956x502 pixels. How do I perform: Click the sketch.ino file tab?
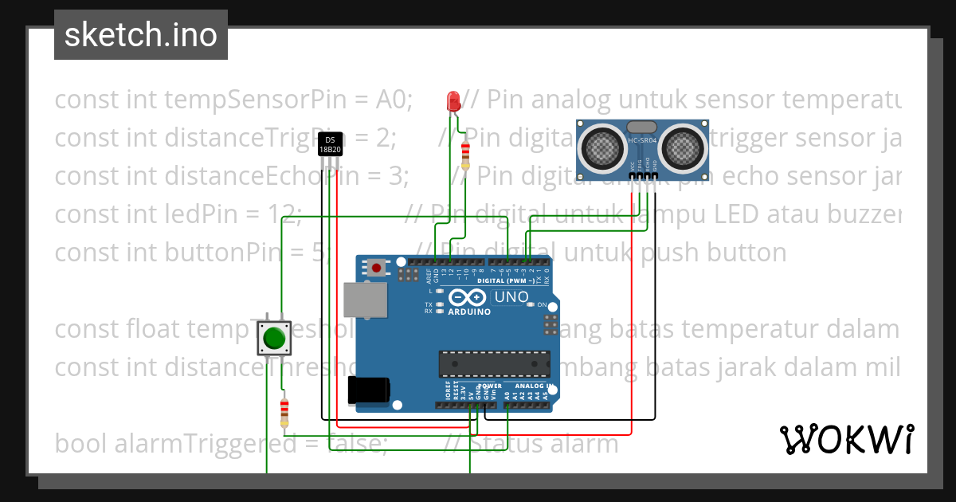[141, 35]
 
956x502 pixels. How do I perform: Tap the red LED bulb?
[453, 101]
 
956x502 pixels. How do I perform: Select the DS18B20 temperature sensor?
[330, 144]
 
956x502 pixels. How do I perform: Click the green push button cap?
[274, 339]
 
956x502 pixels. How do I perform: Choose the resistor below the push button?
[284, 413]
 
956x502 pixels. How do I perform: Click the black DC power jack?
[368, 390]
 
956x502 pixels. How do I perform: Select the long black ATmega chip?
[494, 363]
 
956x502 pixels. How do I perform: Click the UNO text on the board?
[511, 297]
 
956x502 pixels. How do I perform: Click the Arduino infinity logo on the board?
[468, 298]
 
